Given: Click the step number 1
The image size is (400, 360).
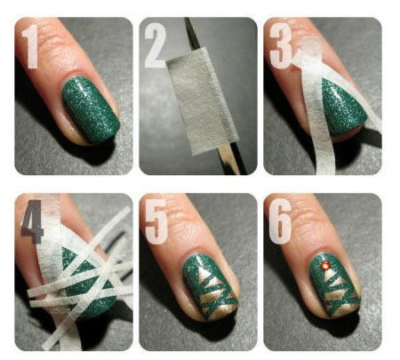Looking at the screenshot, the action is (x=31, y=46).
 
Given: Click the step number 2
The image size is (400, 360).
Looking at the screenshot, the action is (x=156, y=45).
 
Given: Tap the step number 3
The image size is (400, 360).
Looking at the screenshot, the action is (x=281, y=46).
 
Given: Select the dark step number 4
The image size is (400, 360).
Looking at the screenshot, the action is (x=32, y=221).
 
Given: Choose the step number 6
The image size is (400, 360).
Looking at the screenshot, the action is (x=280, y=221).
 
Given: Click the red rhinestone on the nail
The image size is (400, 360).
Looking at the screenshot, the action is (x=324, y=266).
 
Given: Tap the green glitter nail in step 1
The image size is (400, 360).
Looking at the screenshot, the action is (x=91, y=109).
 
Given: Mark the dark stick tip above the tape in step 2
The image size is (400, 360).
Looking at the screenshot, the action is (x=192, y=33).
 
